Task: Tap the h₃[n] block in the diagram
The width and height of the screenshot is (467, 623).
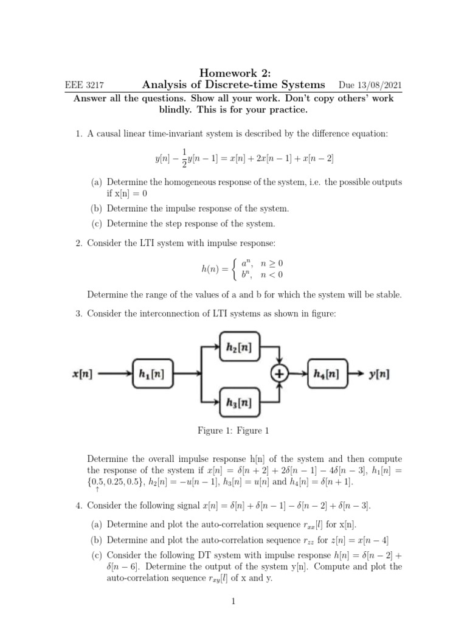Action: [240, 402]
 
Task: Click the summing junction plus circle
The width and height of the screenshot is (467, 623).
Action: [280, 374]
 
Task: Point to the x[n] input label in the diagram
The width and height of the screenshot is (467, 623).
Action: [83, 374]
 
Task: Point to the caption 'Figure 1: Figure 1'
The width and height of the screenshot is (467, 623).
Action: [233, 431]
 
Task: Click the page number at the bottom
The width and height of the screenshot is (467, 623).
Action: [233, 602]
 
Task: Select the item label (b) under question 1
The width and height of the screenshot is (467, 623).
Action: [97, 209]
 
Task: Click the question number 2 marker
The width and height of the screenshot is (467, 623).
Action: [79, 243]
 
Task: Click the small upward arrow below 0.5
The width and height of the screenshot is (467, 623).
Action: [98, 489]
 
